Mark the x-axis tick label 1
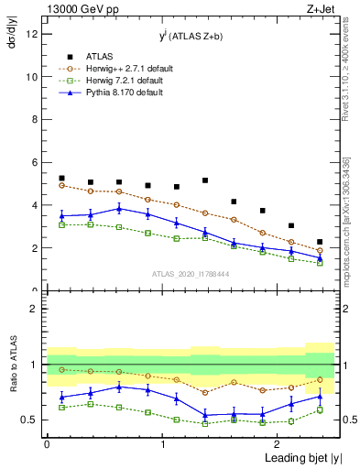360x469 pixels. pos(162,443)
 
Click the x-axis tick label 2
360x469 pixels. pos(278,443)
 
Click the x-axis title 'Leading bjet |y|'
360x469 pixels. pos(305,458)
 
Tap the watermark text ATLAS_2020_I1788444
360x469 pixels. pos(190,274)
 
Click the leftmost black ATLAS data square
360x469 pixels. pos(61,179)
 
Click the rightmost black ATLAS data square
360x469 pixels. pos(320,242)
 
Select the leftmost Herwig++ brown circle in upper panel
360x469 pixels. pos(61,186)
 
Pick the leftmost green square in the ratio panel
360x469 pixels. pos(61,407)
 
